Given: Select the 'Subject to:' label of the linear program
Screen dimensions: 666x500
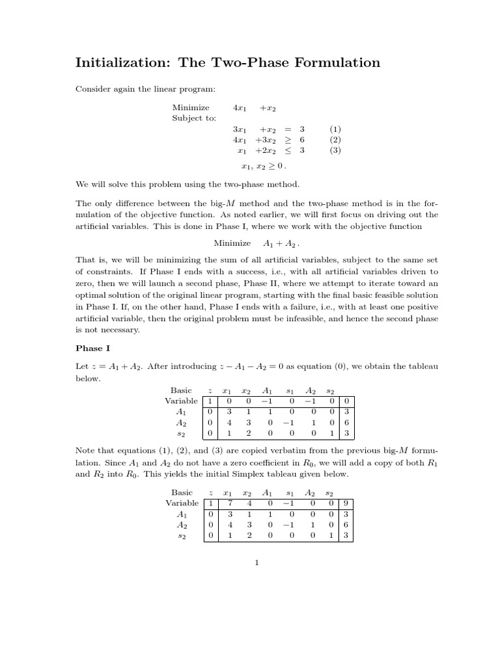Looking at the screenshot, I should pos(194,118).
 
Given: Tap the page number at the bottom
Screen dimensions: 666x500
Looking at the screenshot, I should pos(257,563).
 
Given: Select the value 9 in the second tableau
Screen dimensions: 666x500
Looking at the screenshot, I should pos(346,503).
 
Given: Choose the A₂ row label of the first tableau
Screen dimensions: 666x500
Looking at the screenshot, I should pos(182,423).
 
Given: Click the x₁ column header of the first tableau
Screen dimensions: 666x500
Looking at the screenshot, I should pos(227,391).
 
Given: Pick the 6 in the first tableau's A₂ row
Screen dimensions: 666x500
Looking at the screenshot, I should pos(346,423).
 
